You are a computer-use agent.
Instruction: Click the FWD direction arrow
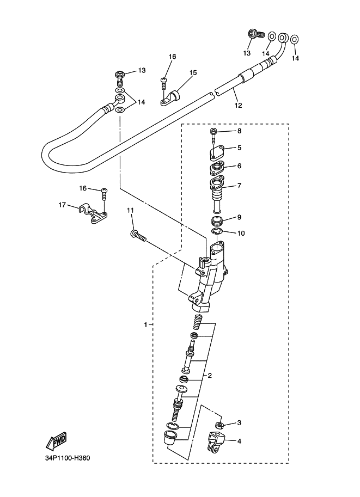[x=56, y=441]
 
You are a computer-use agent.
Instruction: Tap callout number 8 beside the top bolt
[x=239, y=131]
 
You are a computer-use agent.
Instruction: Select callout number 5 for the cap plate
[x=239, y=148]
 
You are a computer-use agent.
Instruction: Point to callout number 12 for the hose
[x=238, y=105]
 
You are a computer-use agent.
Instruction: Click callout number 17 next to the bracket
[x=62, y=205]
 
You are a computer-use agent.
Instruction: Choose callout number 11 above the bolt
[x=130, y=210]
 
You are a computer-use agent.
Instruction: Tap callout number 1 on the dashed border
[x=145, y=325]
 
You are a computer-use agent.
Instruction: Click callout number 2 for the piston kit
[x=210, y=376]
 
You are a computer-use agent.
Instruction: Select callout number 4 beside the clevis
[x=239, y=441]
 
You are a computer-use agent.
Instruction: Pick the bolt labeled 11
[x=138, y=236]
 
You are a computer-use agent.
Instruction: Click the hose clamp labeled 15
[x=169, y=98]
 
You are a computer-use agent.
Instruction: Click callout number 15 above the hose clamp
[x=193, y=72]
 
